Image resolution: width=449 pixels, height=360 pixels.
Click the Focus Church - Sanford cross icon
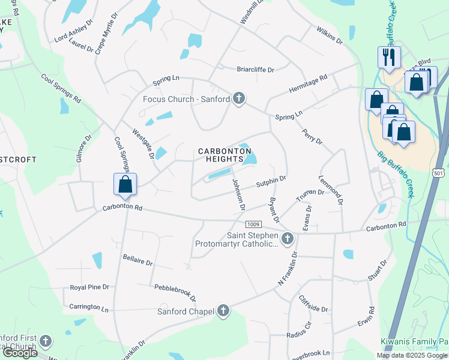click(239, 98)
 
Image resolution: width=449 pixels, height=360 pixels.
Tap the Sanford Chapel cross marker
click(223, 311)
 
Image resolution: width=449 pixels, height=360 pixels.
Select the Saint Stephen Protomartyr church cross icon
click(287, 239)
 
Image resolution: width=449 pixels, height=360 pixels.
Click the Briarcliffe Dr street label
click(255, 70)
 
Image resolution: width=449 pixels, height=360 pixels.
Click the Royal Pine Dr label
click(89, 287)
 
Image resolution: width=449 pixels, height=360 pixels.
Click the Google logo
click(19, 353)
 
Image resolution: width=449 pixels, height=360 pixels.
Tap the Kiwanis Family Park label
click(414, 341)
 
